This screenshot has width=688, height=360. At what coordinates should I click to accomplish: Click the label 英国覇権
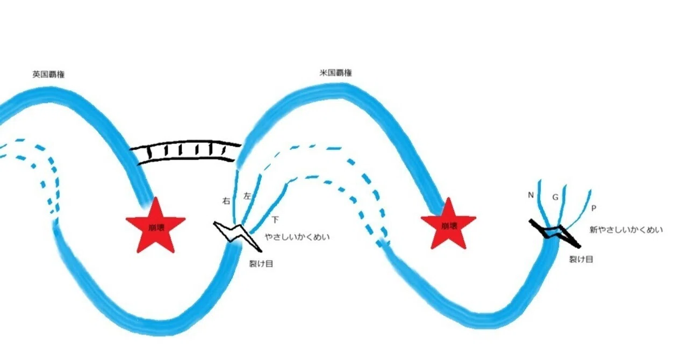(48, 74)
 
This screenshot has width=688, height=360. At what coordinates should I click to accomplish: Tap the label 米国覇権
(336, 73)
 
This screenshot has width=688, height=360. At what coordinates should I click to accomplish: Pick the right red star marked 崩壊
(448, 224)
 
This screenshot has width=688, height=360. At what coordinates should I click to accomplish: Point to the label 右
(226, 201)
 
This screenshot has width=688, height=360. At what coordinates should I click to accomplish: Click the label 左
(247, 196)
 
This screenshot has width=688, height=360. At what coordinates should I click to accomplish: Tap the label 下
(275, 220)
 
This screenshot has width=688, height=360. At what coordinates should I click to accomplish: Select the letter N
(531, 195)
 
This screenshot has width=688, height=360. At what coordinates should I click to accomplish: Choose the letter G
(555, 197)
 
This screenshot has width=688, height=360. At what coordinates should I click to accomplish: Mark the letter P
(594, 208)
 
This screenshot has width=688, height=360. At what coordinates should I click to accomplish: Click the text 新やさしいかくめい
(626, 230)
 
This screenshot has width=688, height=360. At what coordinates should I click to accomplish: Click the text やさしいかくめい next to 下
(297, 237)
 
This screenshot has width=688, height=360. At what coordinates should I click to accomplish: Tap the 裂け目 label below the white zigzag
(261, 263)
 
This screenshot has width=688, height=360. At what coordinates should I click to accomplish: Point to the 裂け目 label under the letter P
(581, 259)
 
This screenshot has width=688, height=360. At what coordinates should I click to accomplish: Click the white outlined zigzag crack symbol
(237, 234)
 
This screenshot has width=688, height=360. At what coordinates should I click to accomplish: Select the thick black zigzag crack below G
(555, 233)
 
